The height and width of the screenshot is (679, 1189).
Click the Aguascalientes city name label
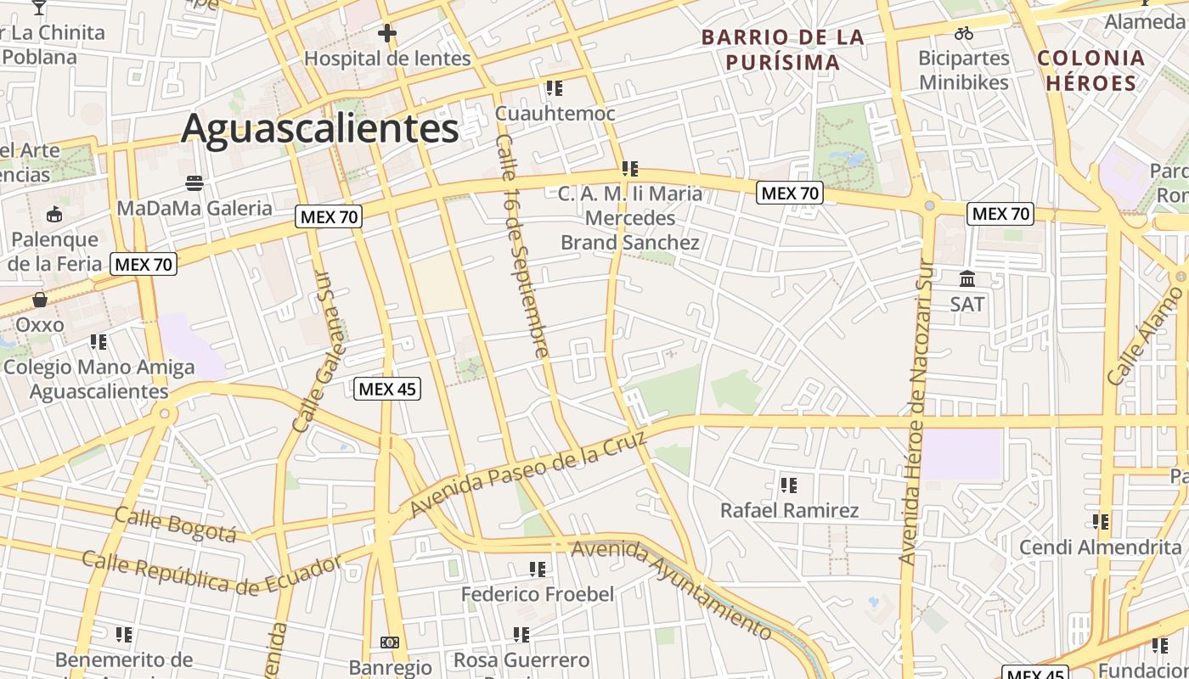coord(319,129)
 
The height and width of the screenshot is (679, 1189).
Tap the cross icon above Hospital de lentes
coord(387,34)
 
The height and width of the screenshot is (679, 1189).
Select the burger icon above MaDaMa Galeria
coord(194,182)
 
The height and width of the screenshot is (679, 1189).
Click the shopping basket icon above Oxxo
coord(40,300)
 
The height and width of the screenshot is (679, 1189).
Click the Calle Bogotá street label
coord(175,524)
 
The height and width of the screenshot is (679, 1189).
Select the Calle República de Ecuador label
coord(211,574)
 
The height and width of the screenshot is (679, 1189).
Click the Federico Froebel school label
coord(537,594)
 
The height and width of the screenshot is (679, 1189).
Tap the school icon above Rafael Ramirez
coord(789,485)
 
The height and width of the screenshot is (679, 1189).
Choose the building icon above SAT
coord(967,278)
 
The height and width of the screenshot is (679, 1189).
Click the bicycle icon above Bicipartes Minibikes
coord(964,34)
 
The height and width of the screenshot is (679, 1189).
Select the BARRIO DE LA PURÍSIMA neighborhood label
coord(782,49)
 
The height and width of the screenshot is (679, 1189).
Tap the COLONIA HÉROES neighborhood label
coord(1091,70)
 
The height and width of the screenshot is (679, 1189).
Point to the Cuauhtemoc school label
coord(555,113)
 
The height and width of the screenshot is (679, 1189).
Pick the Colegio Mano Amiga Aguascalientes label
coord(99,379)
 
